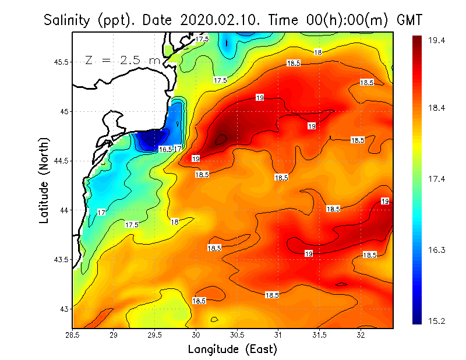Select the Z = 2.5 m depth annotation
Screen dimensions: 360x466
tap(122, 60)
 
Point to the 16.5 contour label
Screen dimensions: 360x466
tap(166, 150)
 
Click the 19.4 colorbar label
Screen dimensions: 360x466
tap(437, 40)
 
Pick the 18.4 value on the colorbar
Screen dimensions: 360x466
tap(437, 108)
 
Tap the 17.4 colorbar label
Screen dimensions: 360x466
tap(437, 179)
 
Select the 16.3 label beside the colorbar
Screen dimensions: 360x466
tap(437, 250)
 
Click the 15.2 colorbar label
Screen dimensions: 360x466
tap(437, 320)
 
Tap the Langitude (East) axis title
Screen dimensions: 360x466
tap(232, 350)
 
